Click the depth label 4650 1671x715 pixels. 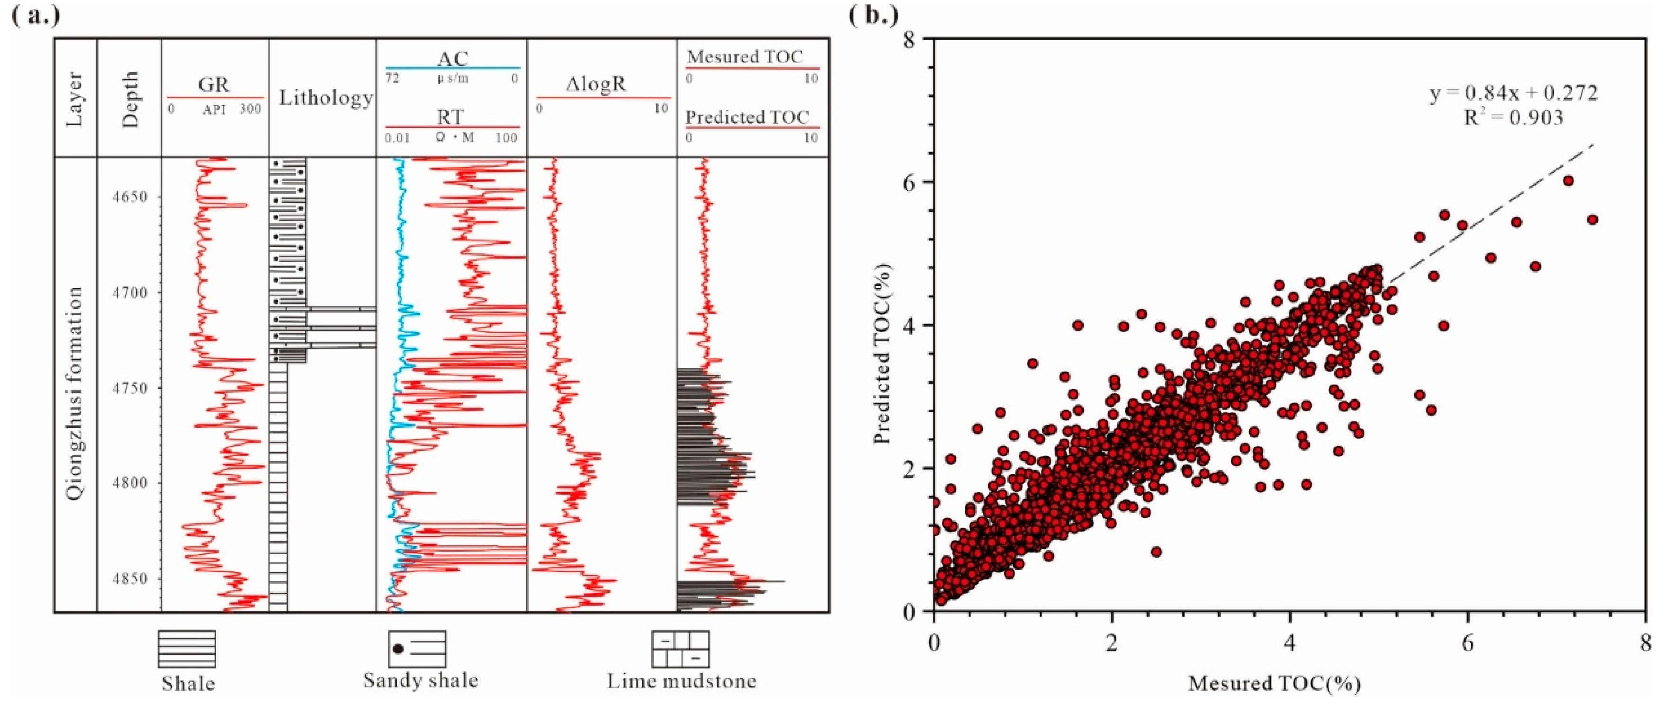coord(128,197)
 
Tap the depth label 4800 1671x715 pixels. coord(128,483)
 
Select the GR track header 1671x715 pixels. coord(214,85)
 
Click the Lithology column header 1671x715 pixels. coord(326,98)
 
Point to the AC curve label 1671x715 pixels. coord(452,59)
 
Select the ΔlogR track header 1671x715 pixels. coord(595,85)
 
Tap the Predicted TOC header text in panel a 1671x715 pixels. coord(747,117)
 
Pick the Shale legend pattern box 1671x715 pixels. coord(187,649)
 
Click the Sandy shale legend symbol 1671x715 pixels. coord(417,649)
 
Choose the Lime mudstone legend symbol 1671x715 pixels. coord(680,649)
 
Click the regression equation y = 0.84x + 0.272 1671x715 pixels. coord(1513,93)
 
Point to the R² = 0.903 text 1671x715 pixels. coord(1513,117)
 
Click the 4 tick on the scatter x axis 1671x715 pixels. coord(1290,643)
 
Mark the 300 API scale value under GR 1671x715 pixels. coord(251,109)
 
